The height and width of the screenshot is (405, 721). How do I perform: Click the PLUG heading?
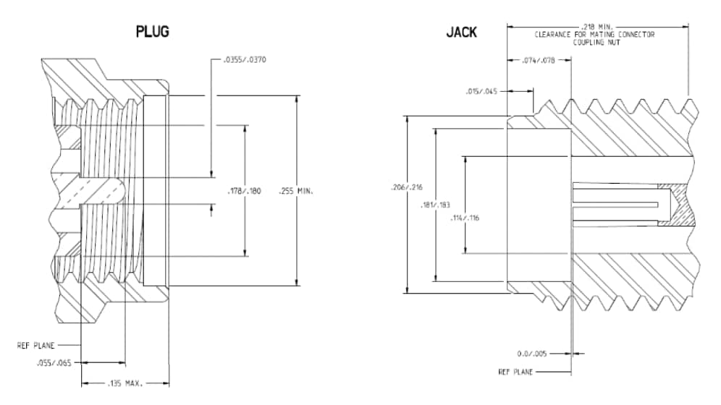pyautogui.click(x=153, y=32)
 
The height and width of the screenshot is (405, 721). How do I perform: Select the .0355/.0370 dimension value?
pyautogui.click(x=242, y=59)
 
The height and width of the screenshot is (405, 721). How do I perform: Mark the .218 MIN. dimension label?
pyautogui.click(x=597, y=26)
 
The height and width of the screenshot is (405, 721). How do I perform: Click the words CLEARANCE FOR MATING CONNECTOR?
pyautogui.click(x=594, y=34)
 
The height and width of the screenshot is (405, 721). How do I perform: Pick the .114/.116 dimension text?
pyautogui.click(x=464, y=217)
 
